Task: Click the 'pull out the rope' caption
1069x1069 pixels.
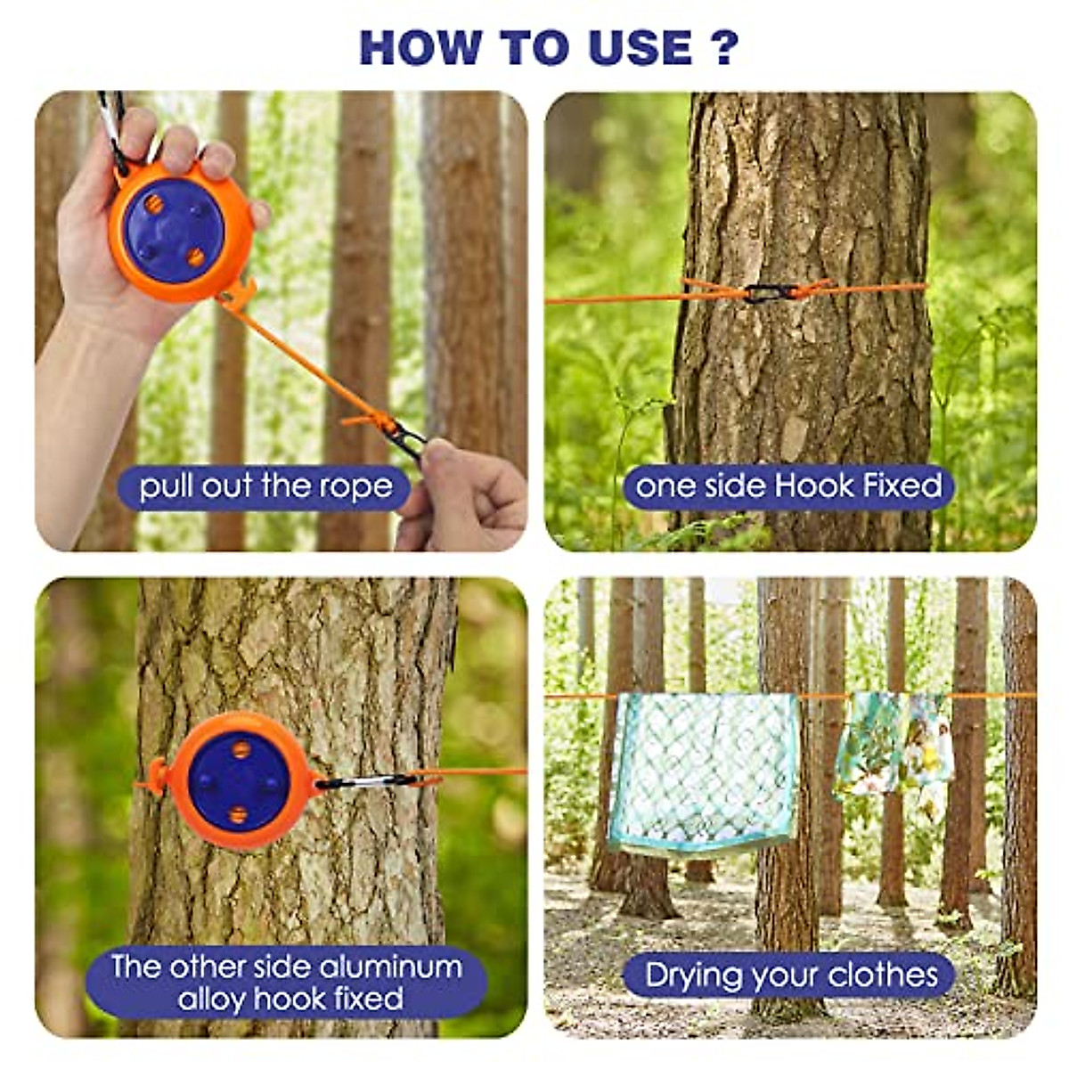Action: pyautogui.click(x=265, y=486)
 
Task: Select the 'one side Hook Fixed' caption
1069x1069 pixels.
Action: pyautogui.click(x=788, y=486)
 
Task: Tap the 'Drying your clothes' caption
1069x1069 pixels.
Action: pyautogui.click(x=792, y=975)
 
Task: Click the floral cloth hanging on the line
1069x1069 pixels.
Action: pyautogui.click(x=894, y=744)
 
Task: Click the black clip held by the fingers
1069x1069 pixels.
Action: pyautogui.click(x=406, y=438)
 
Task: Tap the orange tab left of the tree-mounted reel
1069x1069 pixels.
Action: pyautogui.click(x=154, y=777)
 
